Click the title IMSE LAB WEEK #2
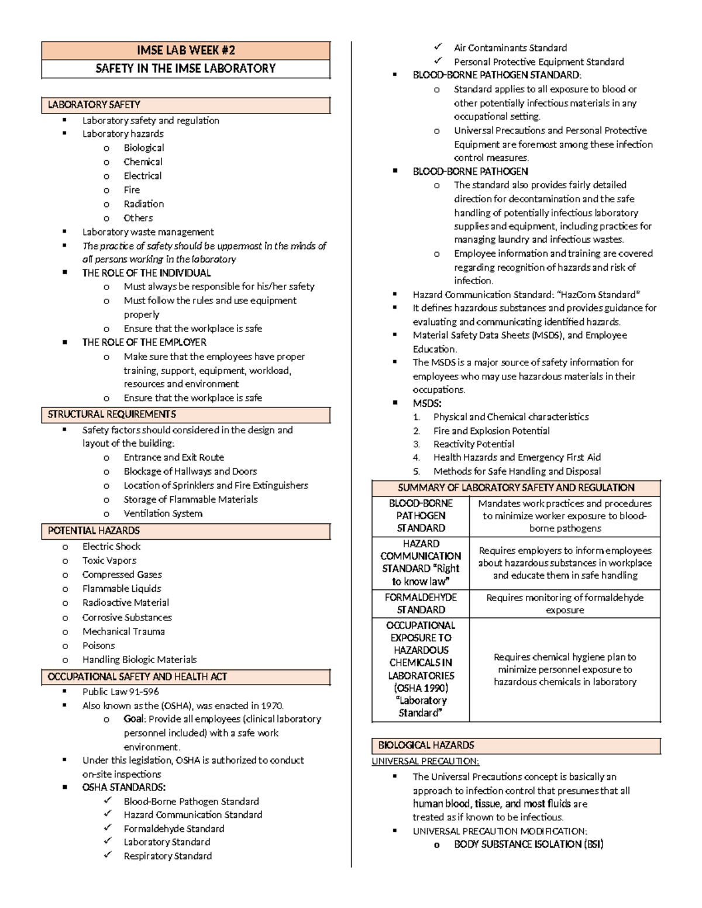185,50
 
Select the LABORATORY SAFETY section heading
94,105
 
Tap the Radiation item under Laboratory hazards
143,204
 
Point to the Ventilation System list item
163,513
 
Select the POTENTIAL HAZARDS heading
94,531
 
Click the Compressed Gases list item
122,575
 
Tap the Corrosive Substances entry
127,617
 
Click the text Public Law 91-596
121,691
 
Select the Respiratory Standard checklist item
167,856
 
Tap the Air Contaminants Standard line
510,48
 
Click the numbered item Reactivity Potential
474,444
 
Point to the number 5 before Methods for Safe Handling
416,471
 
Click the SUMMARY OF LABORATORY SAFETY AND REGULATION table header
516,488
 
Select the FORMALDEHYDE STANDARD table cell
421,603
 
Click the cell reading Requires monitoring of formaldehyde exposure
565,603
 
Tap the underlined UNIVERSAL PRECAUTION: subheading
425,761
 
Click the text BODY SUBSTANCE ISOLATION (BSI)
528,844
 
